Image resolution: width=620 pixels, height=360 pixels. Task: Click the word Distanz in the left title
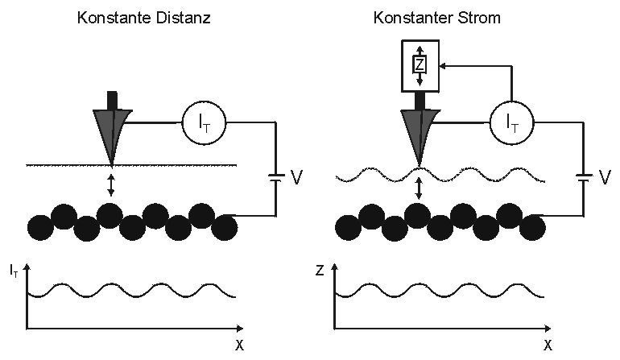pyautogui.click(x=184, y=17)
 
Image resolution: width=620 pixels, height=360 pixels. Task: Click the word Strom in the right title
pyautogui.click(x=476, y=17)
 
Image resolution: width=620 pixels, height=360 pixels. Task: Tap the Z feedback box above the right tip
pyautogui.click(x=418, y=65)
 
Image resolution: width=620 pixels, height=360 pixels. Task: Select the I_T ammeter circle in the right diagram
pyautogui.click(x=510, y=123)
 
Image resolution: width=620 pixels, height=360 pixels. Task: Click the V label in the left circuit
pyautogui.click(x=296, y=176)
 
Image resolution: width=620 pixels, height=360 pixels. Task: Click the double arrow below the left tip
pyautogui.click(x=111, y=184)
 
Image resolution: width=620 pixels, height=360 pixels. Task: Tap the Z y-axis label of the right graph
pyautogui.click(x=320, y=271)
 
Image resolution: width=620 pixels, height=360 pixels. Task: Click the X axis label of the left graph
pyautogui.click(x=239, y=346)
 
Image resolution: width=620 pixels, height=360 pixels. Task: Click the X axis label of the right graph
pyautogui.click(x=548, y=346)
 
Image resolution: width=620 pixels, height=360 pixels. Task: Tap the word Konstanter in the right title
pyautogui.click(x=411, y=17)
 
